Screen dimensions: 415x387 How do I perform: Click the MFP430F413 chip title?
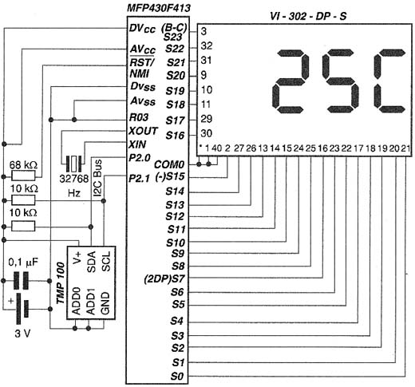tap(159, 8)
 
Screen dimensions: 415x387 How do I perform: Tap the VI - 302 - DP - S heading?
tap(308, 17)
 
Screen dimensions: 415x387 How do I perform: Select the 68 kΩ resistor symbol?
tap(23, 176)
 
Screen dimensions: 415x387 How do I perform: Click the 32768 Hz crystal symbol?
tap(73, 164)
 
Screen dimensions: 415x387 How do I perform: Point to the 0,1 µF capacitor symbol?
tap(21, 281)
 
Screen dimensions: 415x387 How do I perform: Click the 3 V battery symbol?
tap(22, 309)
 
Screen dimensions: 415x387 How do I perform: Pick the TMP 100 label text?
tap(61, 283)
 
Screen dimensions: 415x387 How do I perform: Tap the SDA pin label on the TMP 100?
tap(91, 262)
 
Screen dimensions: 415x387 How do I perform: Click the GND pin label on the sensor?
tap(105, 303)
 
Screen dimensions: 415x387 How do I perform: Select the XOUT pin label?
tap(143, 131)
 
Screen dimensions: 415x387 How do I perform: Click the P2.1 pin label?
tap(140, 178)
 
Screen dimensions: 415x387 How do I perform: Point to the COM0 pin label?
tap(169, 164)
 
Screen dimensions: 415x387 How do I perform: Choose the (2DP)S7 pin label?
tap(164, 279)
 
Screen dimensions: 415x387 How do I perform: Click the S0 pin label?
tap(177, 377)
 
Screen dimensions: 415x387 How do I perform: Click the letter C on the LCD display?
tap(389, 81)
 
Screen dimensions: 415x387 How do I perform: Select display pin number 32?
tap(207, 46)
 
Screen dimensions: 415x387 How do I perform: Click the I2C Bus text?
tap(98, 177)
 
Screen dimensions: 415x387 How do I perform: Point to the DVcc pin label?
tap(142, 29)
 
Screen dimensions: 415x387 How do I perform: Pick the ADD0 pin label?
tap(77, 301)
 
